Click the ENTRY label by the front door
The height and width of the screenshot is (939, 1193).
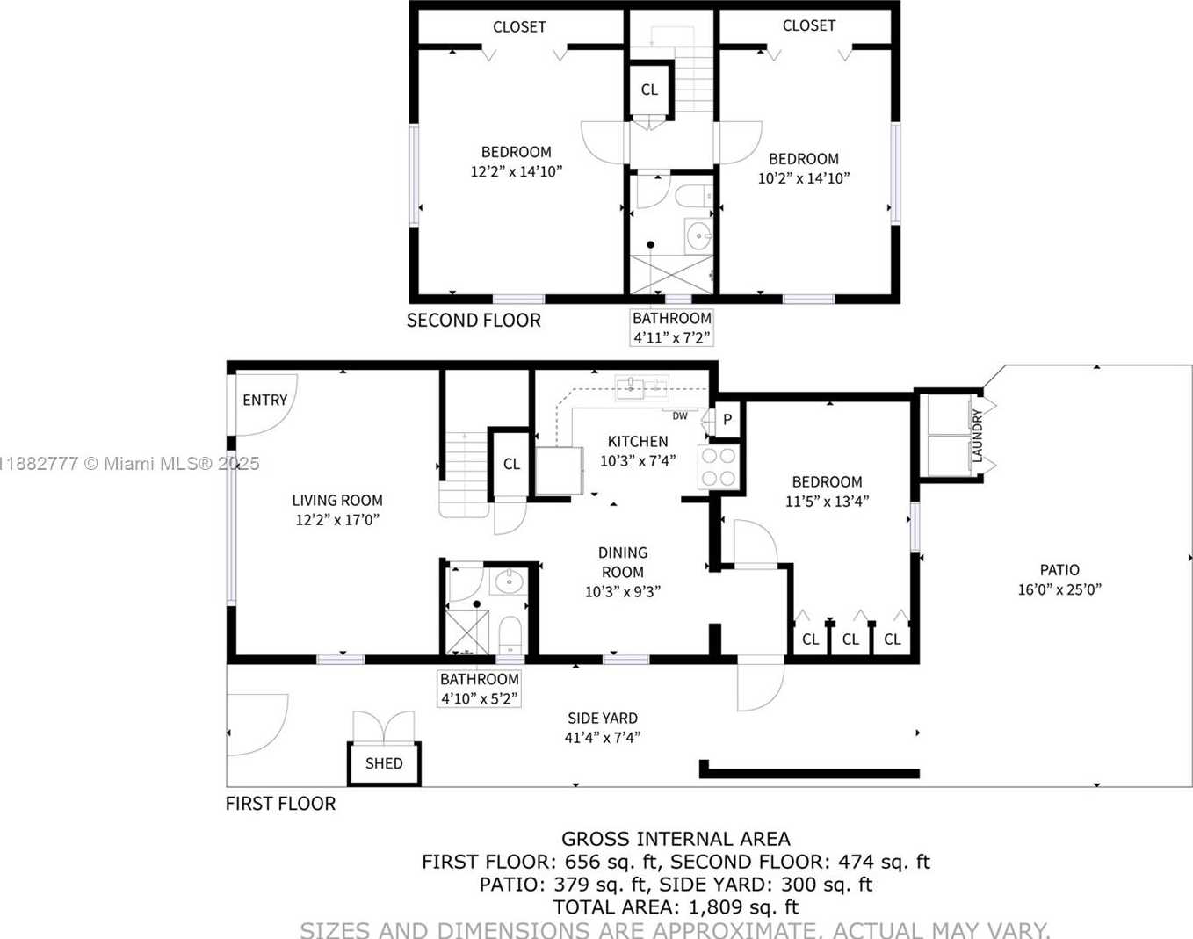[264, 400]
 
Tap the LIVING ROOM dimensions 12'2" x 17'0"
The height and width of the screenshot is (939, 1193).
[337, 520]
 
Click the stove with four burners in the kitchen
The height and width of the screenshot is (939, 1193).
[718, 466]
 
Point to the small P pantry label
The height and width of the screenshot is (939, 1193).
[727, 420]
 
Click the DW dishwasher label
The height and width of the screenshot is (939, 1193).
[680, 415]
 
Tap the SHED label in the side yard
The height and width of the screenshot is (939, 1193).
[384, 763]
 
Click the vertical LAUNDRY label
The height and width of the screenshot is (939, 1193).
[977, 435]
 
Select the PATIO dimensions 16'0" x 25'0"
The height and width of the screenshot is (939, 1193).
[1059, 590]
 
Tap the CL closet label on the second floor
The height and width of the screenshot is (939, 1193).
[649, 90]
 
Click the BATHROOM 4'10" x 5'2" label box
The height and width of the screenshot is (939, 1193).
[479, 689]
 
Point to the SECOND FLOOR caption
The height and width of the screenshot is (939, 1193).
[474, 321]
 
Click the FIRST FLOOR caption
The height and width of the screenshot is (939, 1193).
[280, 804]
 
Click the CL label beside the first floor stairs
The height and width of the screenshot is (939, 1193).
[511, 464]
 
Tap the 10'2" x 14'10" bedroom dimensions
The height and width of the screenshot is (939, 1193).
[803, 178]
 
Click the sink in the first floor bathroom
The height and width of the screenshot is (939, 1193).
[508, 581]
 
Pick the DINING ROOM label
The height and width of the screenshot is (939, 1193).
[623, 562]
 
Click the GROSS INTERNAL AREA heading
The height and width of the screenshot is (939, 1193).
[676, 839]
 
